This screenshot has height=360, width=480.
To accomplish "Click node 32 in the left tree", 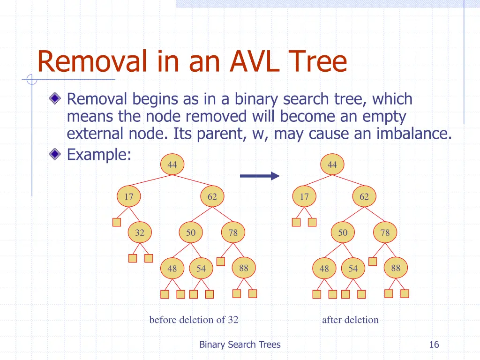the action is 140,232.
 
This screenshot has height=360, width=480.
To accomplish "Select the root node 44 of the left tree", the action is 172,165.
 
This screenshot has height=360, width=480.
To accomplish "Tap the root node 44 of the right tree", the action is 332,165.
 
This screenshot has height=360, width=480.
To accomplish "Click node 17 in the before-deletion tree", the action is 128,197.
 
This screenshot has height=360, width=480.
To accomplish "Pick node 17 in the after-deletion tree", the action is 305,197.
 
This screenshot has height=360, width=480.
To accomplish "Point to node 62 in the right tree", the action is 364,197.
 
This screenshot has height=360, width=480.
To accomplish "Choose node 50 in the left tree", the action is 191,232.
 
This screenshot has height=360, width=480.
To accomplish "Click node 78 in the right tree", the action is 385,232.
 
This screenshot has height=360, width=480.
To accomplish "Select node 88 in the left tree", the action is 244,268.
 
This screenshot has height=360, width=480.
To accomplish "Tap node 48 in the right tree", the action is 324,269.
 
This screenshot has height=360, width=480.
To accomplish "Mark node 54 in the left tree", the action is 201,269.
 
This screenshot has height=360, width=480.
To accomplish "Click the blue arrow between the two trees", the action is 259,176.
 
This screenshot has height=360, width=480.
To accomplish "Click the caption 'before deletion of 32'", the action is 194,320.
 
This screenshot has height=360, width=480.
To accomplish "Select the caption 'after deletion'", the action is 350,320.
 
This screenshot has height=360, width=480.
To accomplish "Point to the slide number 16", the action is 434,345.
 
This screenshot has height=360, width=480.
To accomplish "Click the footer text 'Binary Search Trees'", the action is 240,345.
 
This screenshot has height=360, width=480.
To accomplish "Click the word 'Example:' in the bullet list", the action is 99,154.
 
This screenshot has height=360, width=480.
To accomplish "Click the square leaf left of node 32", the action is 117,222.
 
